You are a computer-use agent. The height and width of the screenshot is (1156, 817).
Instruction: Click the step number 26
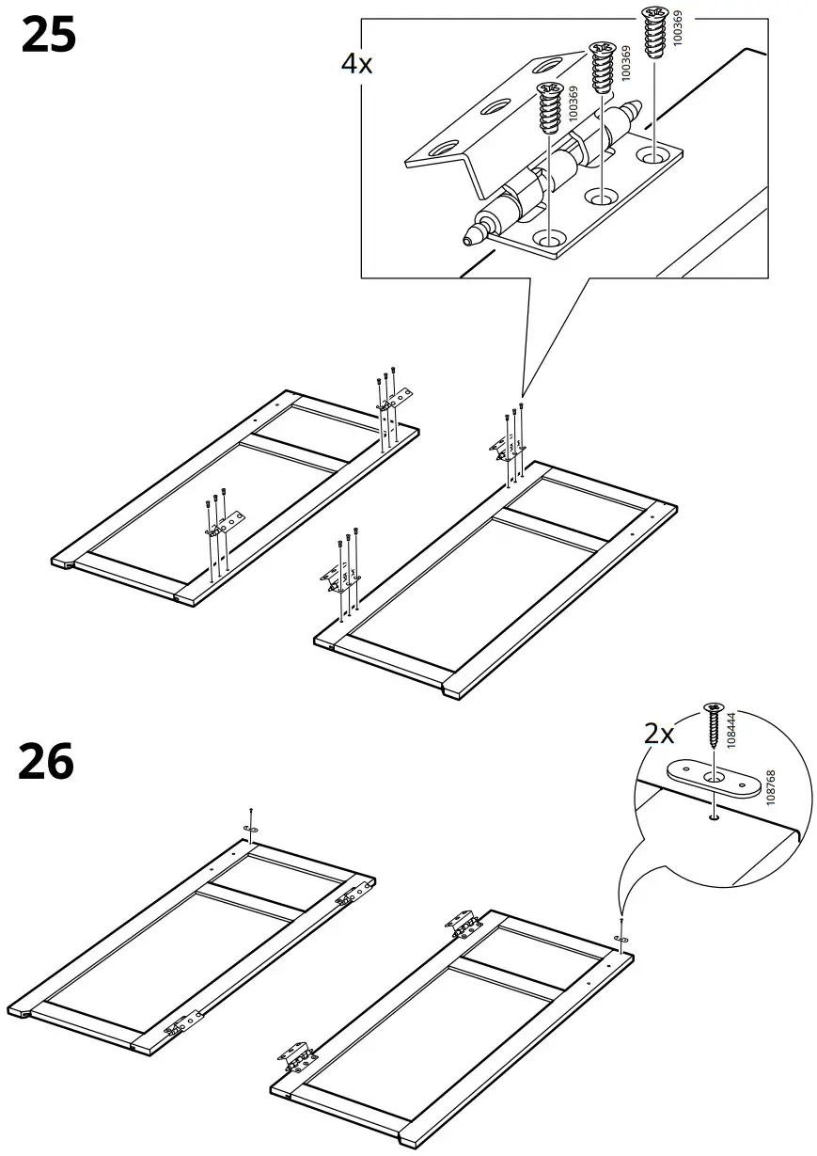(45, 761)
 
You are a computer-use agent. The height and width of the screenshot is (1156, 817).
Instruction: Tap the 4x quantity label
(356, 64)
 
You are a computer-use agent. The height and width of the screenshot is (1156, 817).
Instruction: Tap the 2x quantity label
(660, 734)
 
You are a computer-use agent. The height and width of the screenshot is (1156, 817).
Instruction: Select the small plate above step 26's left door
(250, 827)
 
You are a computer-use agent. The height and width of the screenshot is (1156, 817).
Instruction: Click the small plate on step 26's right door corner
(620, 940)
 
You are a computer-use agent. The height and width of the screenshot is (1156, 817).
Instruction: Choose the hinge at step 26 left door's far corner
(351, 895)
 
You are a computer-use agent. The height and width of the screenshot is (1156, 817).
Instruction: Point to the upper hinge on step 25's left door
(395, 399)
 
